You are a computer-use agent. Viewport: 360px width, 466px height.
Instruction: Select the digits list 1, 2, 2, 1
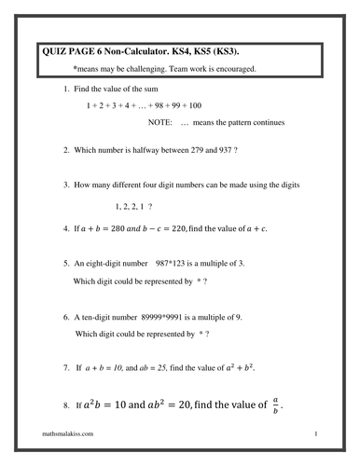click(x=130, y=205)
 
